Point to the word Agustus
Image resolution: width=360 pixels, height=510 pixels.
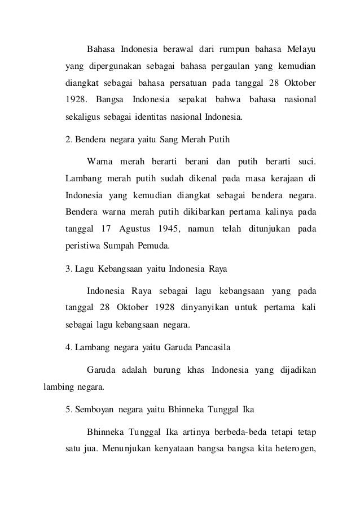point(134,230)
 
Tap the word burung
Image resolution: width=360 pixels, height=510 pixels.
point(164,370)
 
